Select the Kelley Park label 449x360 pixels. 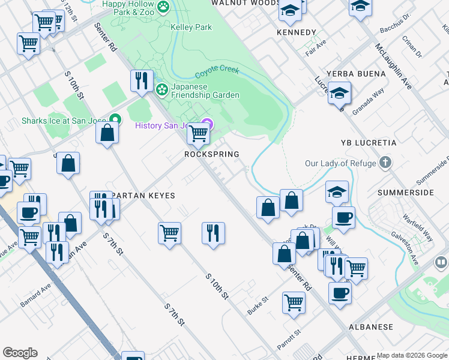[x=191, y=27]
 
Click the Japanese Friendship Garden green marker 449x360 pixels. [x=161, y=90]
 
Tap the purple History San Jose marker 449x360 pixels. [x=208, y=125]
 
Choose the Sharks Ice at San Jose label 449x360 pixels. [x=63, y=121]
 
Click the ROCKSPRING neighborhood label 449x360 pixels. [x=211, y=154]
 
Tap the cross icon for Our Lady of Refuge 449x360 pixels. [x=385, y=163]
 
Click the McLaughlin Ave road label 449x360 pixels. [x=393, y=66]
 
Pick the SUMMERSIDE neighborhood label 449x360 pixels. [x=405, y=193]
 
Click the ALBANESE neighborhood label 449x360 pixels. [x=371, y=327]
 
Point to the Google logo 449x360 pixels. [x=20, y=353]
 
